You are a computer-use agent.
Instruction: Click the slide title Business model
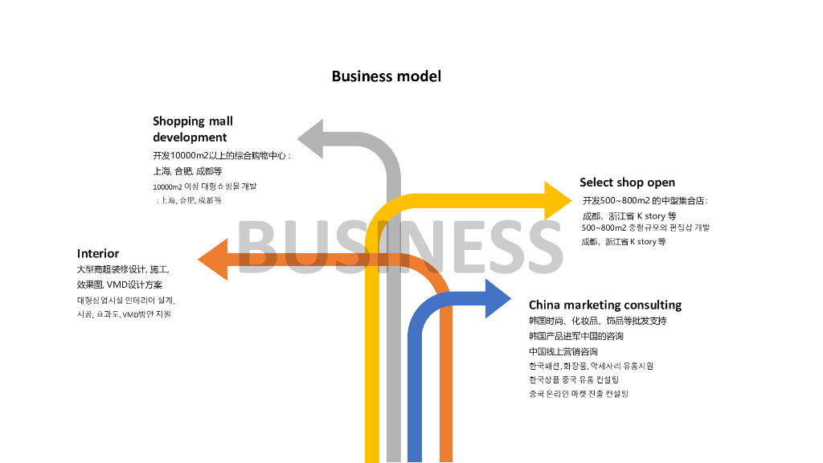click(386, 76)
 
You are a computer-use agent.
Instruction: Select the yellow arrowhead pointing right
click(557, 201)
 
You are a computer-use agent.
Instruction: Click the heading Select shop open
click(627, 182)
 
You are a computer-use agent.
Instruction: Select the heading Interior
click(98, 254)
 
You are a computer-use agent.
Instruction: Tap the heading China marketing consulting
click(604, 305)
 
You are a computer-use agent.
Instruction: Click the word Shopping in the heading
click(179, 121)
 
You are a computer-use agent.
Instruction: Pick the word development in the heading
click(190, 137)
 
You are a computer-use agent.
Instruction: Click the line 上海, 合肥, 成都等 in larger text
click(187, 171)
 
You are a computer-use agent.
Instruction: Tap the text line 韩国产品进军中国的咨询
click(575, 336)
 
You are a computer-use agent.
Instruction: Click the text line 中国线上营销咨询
click(563, 351)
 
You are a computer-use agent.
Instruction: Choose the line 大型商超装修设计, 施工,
click(122, 269)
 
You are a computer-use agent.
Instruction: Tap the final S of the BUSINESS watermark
click(539, 245)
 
